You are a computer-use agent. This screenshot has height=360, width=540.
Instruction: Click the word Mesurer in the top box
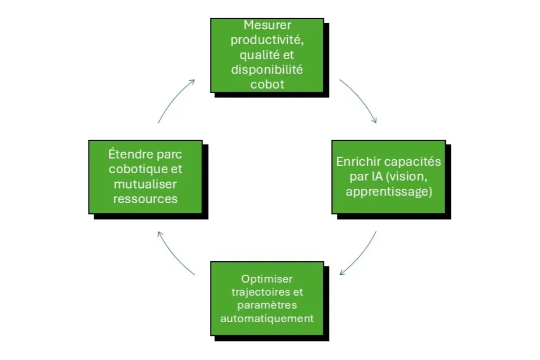[x=267, y=25]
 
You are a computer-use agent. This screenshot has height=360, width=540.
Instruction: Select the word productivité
[x=267, y=41]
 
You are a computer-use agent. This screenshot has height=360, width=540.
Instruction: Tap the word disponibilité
[x=267, y=70]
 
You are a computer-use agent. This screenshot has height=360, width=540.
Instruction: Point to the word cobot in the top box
[x=267, y=85]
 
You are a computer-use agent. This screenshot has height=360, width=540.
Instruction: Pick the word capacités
[x=414, y=162]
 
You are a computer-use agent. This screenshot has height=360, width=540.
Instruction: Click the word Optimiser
[x=267, y=279]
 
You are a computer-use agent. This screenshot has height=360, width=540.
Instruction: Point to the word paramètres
[x=267, y=305]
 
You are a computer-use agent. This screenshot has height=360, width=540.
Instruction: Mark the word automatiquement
[x=267, y=318]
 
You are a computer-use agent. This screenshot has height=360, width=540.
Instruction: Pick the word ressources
[x=145, y=199]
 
